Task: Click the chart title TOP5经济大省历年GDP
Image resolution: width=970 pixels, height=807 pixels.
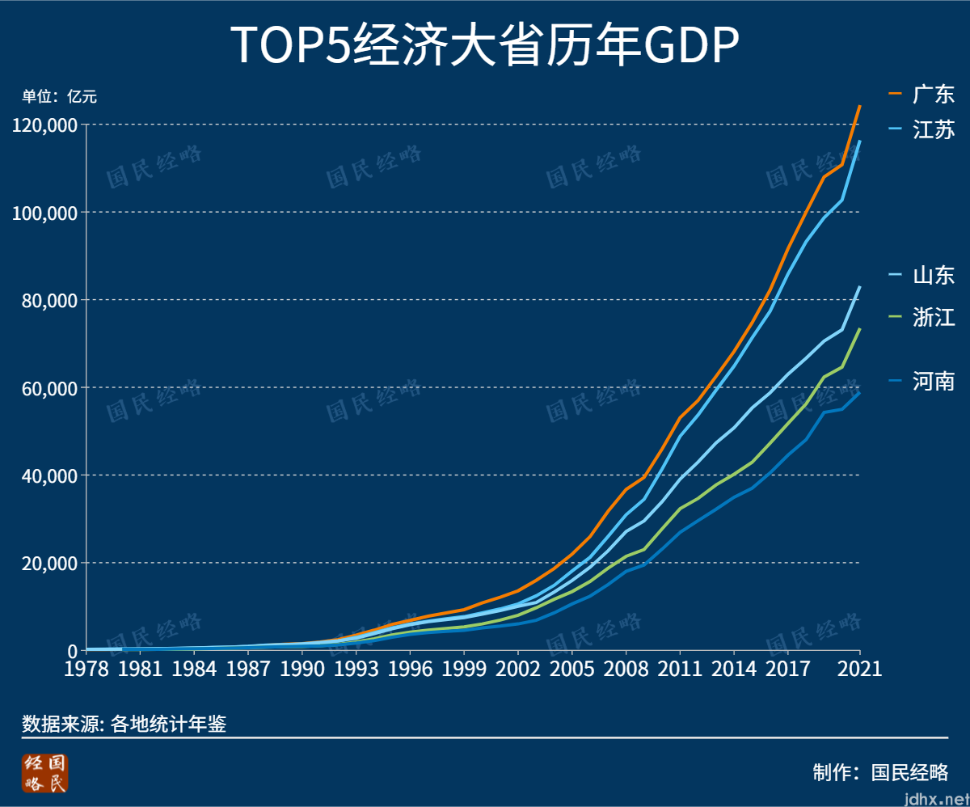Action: [485, 45]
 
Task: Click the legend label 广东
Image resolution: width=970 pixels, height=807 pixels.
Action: [934, 94]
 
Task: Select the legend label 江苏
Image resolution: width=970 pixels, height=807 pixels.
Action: [934, 129]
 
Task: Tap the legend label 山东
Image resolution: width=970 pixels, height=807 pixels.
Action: [934, 275]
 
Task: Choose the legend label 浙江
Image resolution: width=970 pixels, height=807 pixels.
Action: [934, 317]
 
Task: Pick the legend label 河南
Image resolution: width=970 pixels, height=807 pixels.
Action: [934, 381]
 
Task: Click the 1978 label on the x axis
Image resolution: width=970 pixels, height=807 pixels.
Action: [86, 669]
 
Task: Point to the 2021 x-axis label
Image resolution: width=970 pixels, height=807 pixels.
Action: [859, 669]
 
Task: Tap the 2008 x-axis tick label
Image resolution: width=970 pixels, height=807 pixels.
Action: [626, 669]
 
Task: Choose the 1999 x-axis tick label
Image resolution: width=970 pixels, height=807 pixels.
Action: [464, 669]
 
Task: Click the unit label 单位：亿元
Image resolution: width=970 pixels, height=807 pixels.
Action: [59, 97]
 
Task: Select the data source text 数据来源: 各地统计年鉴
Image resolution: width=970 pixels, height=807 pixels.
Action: [124, 724]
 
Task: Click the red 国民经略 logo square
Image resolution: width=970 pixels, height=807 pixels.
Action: [46, 774]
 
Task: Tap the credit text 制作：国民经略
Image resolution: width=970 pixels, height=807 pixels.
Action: [880, 771]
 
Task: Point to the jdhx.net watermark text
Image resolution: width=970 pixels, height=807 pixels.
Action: [935, 799]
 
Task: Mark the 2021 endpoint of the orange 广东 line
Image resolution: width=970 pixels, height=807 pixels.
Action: [859, 106]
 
